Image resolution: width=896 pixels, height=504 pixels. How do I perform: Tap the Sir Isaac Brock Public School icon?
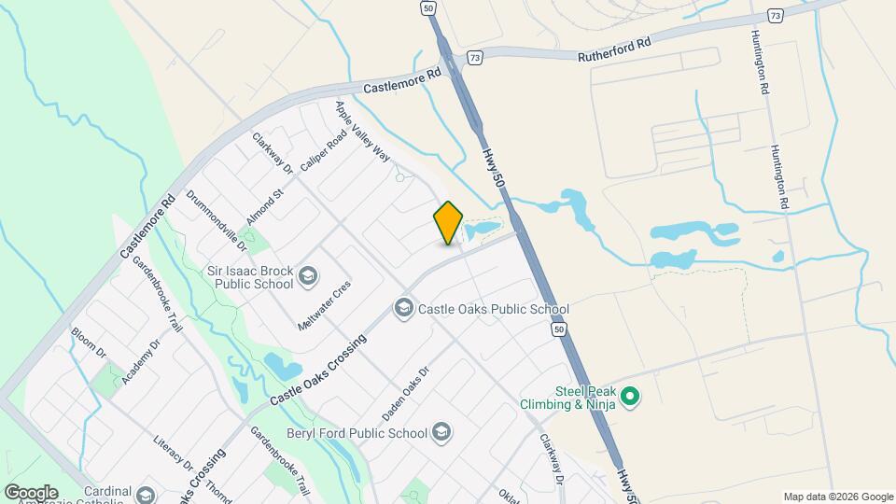click(x=307, y=277)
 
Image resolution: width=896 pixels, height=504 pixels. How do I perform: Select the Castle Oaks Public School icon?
click(x=404, y=308)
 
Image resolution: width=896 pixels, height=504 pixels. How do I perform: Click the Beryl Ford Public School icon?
click(x=441, y=432)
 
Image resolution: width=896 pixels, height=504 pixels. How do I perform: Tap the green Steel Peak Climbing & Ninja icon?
click(x=630, y=398)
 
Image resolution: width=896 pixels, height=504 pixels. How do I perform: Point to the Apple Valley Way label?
click(x=362, y=132)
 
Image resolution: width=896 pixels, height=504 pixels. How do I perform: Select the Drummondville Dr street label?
click(x=216, y=222)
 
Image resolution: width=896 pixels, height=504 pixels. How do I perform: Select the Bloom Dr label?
click(x=89, y=343)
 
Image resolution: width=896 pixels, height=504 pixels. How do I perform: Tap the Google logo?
click(x=31, y=492)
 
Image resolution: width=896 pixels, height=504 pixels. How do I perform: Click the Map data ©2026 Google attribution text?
click(x=837, y=496)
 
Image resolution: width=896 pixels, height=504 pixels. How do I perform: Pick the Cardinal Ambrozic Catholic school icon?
click(x=145, y=495)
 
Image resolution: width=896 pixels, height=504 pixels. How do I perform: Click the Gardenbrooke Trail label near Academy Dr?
click(x=156, y=293)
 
